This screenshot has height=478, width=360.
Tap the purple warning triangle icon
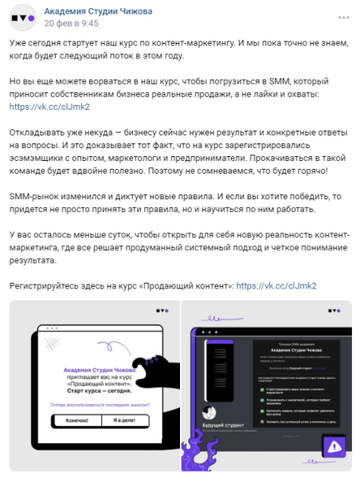click(334, 445)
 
